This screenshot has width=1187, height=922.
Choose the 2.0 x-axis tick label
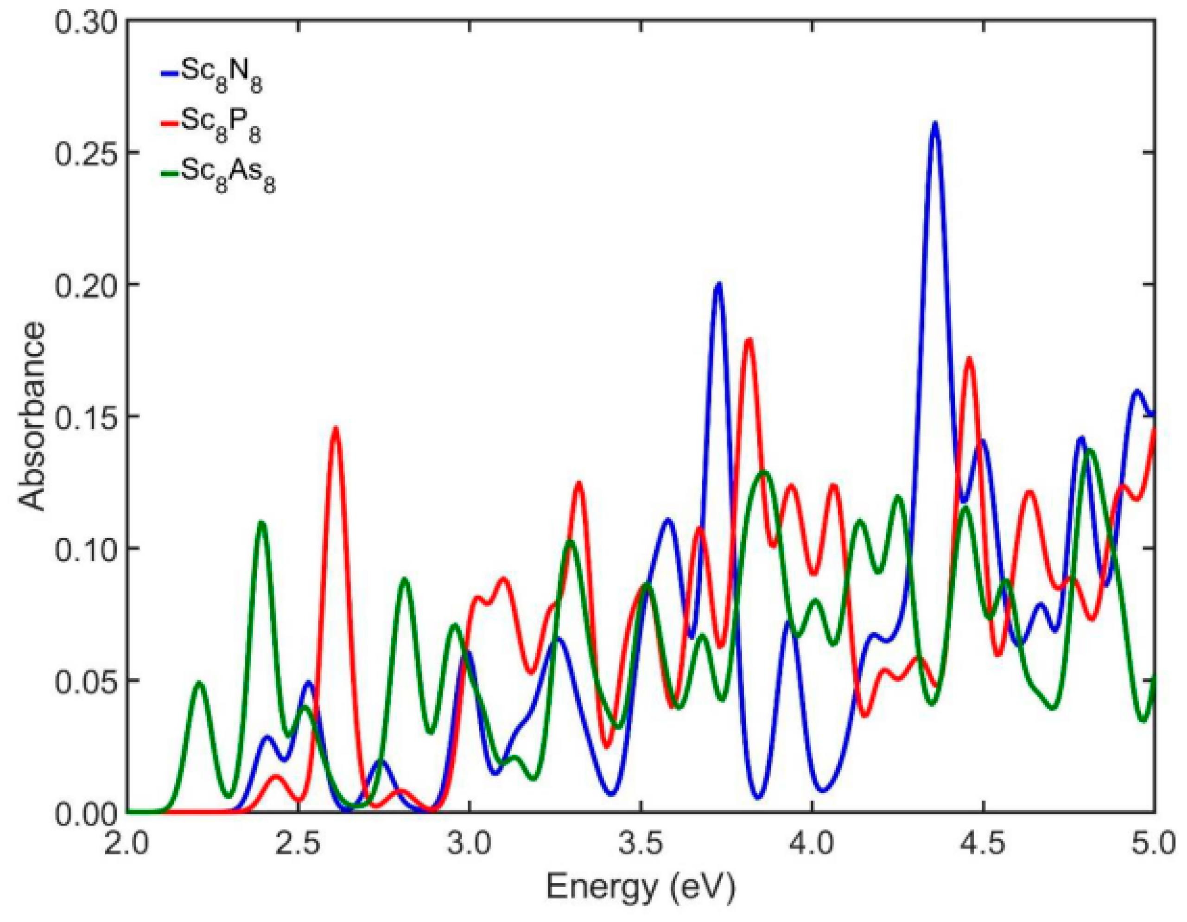point(127,846)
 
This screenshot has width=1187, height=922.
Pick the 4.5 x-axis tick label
point(984,846)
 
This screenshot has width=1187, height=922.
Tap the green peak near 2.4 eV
point(262,523)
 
